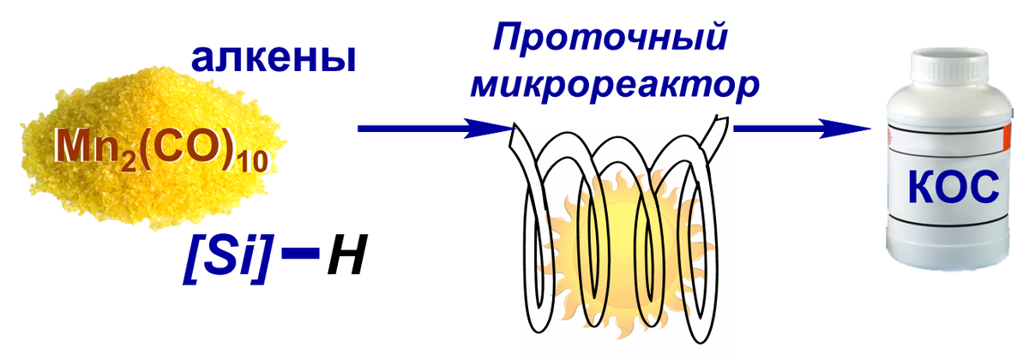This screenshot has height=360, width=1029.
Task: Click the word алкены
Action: click(272, 60)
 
